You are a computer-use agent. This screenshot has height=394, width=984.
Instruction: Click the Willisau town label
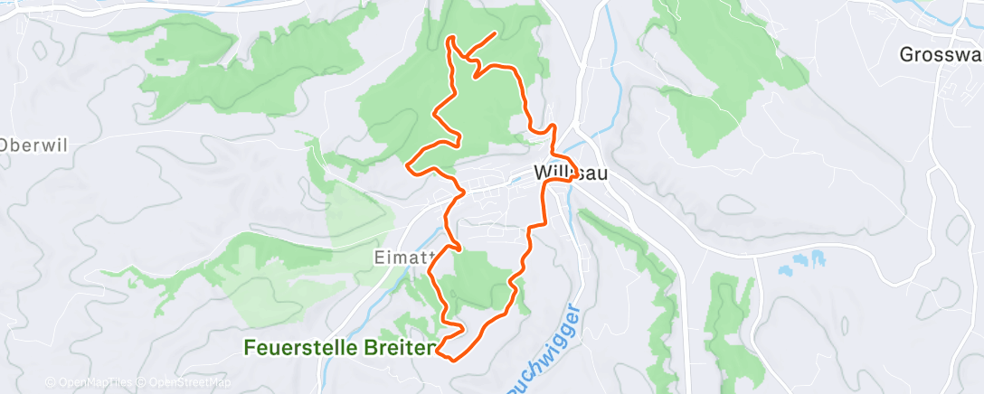[x=570, y=171]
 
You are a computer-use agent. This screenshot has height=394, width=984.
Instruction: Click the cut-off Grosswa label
[x=941, y=55]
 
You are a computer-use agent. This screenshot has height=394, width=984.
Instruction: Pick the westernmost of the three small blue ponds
[x=783, y=267]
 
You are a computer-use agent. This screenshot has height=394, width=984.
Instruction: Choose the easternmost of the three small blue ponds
[x=819, y=258]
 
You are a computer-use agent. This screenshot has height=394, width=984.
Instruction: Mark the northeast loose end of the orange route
[x=495, y=33]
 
